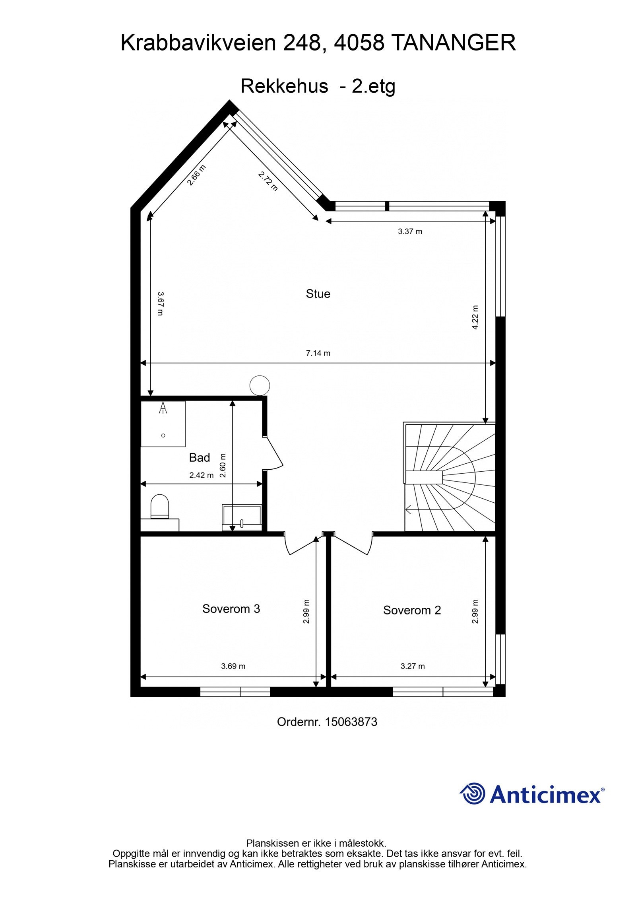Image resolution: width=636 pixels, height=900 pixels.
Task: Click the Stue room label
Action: point(318,294)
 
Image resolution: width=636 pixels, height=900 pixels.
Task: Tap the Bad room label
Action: point(199,458)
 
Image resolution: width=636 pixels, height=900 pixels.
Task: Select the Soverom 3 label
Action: point(231,609)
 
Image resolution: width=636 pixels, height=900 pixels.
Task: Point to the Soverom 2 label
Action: point(412,610)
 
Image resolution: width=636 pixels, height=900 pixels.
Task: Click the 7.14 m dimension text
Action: point(318,353)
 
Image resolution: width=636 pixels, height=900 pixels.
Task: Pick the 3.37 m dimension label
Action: point(410,231)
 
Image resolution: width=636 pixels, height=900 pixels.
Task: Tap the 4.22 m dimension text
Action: point(475,317)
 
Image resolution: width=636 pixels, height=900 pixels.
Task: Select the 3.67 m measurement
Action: point(160,304)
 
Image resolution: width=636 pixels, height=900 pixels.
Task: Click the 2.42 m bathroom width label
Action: point(201,475)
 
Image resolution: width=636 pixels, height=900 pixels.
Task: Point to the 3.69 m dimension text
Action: point(233,666)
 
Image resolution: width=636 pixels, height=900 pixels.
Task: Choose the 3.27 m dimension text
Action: point(413,666)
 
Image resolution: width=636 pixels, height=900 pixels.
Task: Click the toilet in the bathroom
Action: point(160,506)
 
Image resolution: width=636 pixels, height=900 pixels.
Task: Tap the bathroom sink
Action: point(242,517)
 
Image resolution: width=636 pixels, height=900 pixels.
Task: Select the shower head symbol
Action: point(163,408)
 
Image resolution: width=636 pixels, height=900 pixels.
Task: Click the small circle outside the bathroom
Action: point(260,385)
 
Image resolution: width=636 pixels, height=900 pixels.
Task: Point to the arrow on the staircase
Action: point(409,509)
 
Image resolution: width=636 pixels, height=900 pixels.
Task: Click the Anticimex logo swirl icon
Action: point(473,794)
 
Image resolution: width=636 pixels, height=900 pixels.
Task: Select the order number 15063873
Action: point(351,722)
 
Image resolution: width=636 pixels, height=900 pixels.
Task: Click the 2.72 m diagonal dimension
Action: point(268,181)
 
